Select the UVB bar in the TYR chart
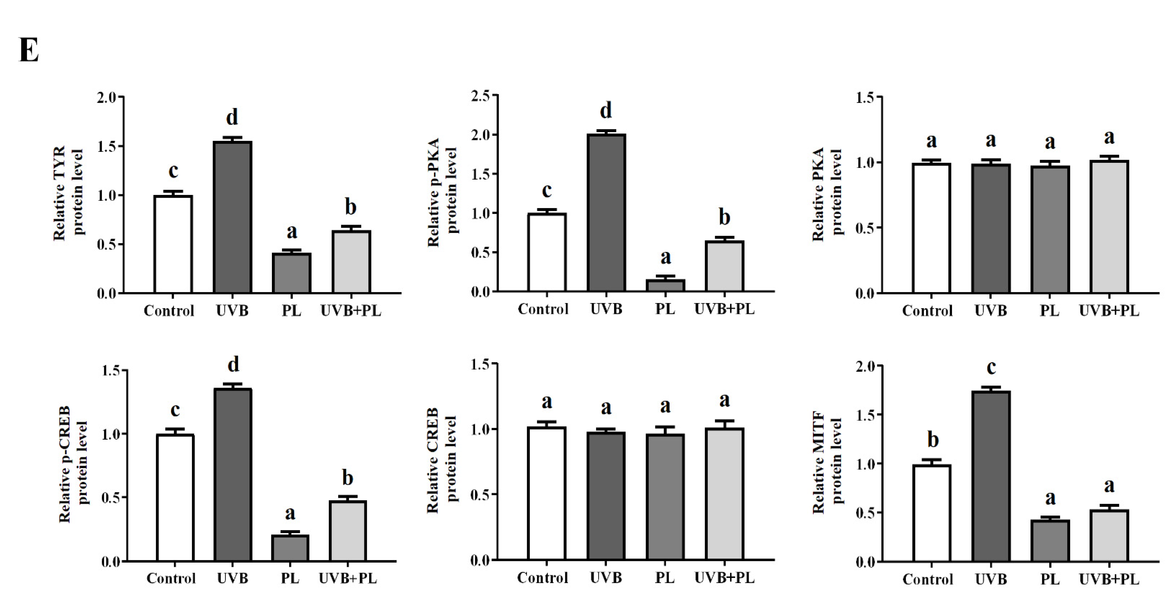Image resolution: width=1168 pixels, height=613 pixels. coord(232,218)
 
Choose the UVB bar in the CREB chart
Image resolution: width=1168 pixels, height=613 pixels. coord(606,496)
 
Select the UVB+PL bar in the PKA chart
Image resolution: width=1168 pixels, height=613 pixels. coord(1109,226)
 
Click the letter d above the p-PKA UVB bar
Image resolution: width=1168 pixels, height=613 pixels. coord(606,110)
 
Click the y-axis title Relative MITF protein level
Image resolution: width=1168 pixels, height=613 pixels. coord(826,462)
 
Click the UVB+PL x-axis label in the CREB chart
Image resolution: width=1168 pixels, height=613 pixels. coord(724,578)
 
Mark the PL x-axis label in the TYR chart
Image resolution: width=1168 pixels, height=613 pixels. coord(291,311)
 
